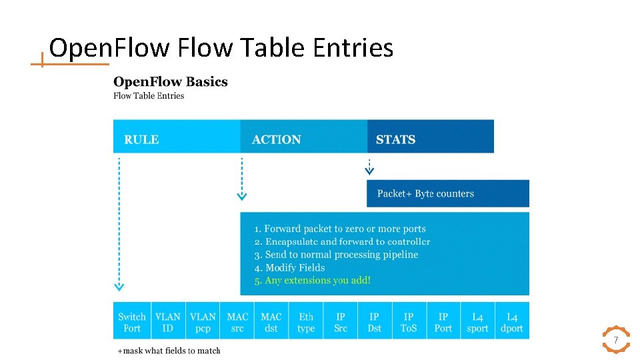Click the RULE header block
point(177,137)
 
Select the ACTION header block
point(303,137)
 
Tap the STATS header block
point(430,137)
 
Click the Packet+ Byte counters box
point(447,193)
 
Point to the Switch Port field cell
point(132,322)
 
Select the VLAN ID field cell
point(168,322)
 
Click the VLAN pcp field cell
point(203,322)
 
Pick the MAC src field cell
point(237,322)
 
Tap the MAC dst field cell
point(271,322)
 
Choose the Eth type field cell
point(306,322)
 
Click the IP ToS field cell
point(409,322)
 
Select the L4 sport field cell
point(477,322)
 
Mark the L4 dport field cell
point(512,322)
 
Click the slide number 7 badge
point(616,340)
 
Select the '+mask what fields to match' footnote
point(169,351)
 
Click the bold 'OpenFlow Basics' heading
point(171,82)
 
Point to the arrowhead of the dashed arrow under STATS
point(369,171)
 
